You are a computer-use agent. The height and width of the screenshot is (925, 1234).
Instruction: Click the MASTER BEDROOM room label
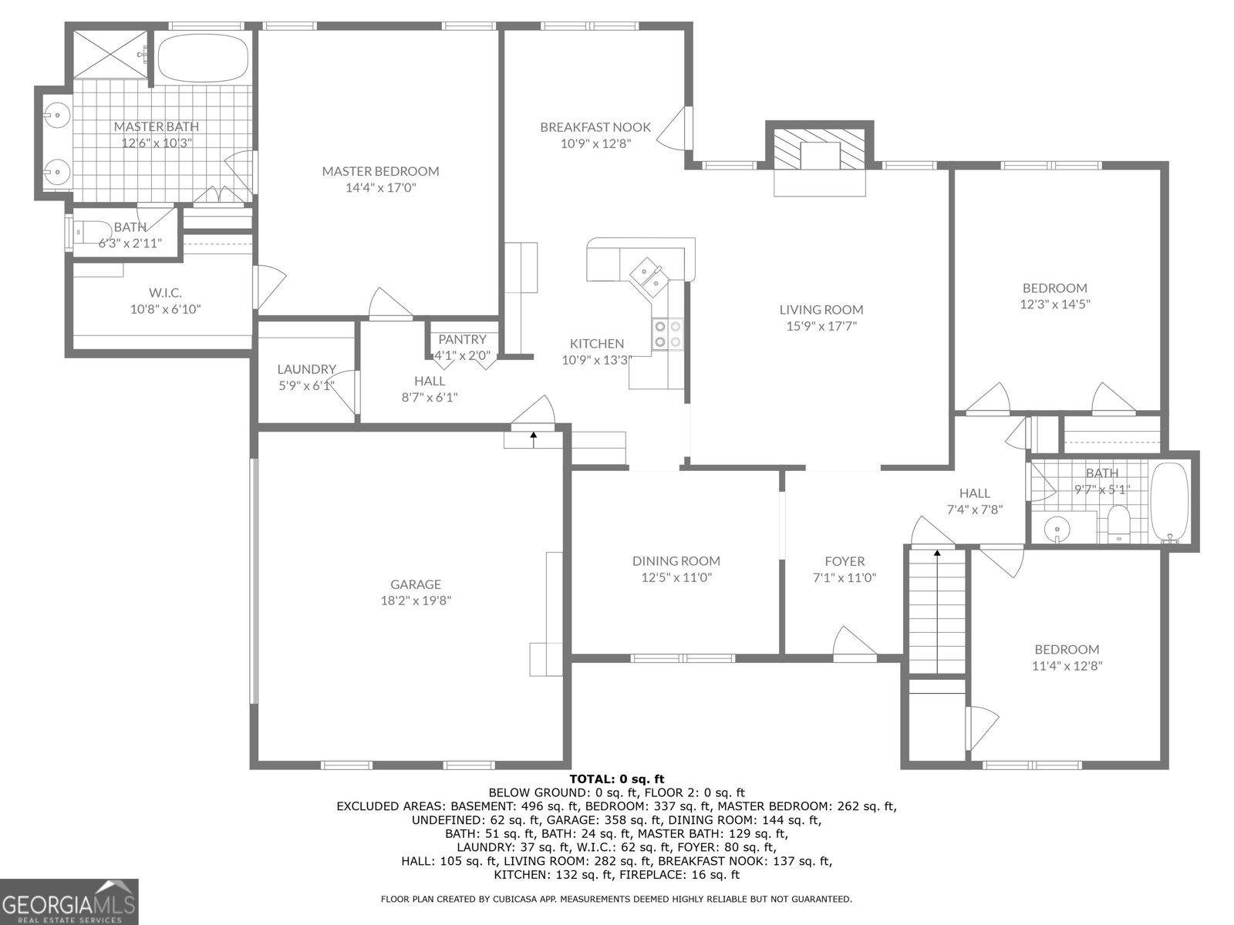(380, 171)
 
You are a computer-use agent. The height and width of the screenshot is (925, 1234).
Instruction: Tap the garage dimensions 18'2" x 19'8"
(415, 600)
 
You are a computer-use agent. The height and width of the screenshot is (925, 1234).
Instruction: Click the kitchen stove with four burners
(668, 334)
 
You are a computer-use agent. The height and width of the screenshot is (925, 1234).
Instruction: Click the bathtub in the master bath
(203, 55)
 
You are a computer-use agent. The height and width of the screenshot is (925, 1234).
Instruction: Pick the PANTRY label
(462, 339)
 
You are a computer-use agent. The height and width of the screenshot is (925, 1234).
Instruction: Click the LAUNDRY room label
(306, 369)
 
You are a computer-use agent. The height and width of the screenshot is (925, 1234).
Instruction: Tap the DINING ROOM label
(676, 561)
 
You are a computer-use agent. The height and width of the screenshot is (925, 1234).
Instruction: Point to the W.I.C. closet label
(165, 293)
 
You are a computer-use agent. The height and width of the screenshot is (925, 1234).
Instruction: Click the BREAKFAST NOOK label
(595, 127)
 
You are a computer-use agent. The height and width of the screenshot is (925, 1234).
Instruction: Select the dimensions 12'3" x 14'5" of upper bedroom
(1054, 304)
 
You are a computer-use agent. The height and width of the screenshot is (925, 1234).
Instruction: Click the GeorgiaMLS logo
(69, 901)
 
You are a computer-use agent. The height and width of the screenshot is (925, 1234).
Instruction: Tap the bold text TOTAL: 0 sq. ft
(616, 779)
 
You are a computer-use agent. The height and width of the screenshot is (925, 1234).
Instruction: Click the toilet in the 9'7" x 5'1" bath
(1118, 524)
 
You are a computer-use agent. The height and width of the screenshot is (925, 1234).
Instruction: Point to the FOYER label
(844, 561)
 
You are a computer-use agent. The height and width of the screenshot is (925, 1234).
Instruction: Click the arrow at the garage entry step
(533, 439)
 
